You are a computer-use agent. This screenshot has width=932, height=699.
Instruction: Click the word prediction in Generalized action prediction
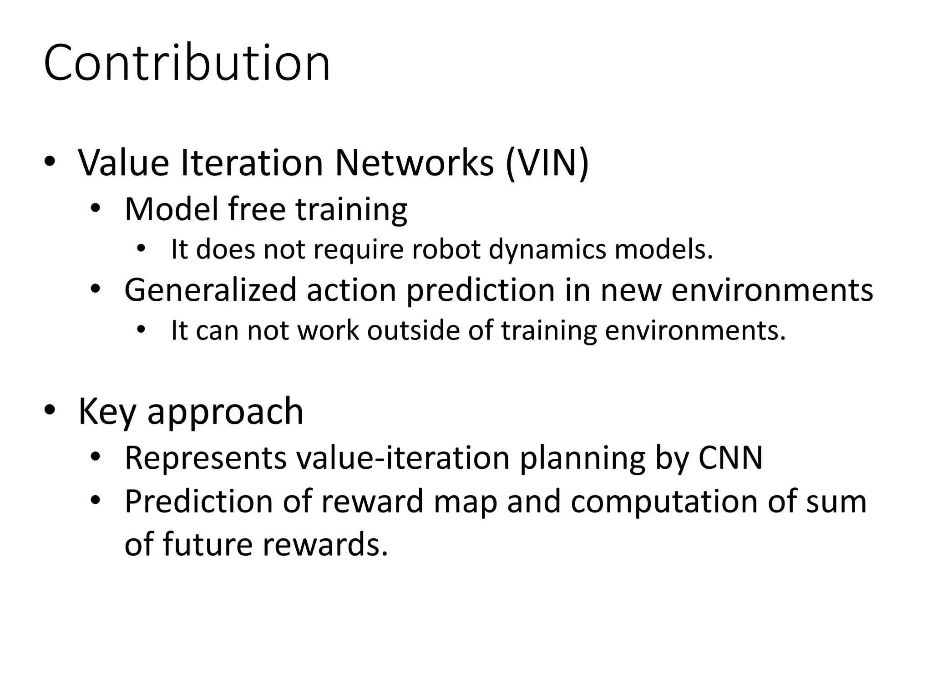click(x=481, y=290)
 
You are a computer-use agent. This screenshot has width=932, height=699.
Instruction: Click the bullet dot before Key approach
click(x=50, y=410)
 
